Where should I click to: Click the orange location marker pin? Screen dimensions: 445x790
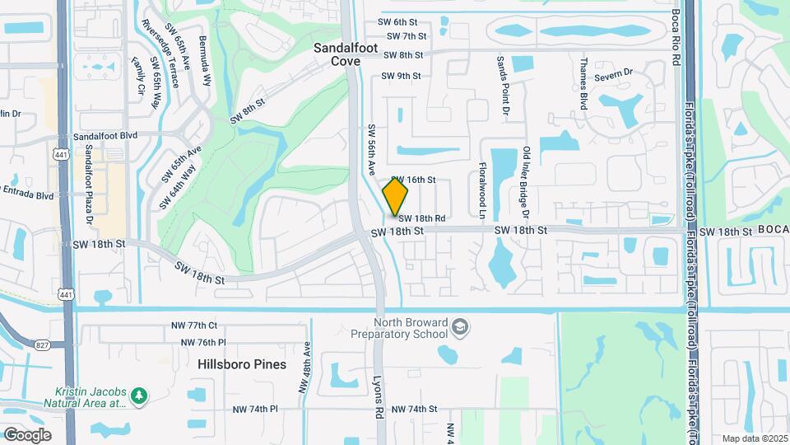[395, 196]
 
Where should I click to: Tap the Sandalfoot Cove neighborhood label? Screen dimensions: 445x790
[346, 54]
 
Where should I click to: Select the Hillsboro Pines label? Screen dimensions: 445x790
[242, 364]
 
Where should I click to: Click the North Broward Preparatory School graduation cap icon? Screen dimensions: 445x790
[461, 328]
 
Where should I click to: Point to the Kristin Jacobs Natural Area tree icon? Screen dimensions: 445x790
[140, 397]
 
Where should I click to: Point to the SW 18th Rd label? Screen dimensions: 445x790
[422, 218]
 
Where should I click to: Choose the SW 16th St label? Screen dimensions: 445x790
[413, 180]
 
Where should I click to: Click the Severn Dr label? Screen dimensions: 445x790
[616, 73]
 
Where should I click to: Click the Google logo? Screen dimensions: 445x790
[28, 435]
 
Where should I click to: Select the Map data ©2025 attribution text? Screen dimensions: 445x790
[754, 438]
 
